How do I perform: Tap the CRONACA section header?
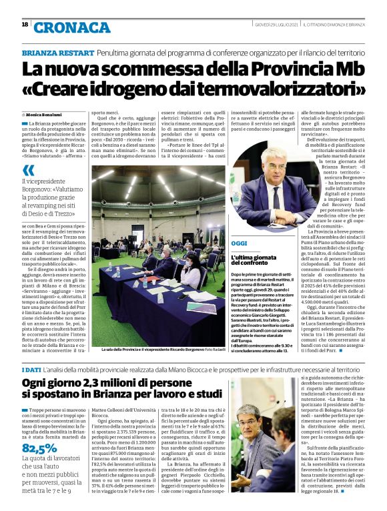71,27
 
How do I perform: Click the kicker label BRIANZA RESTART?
56,52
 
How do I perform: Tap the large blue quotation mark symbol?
28,169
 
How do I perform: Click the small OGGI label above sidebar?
239,243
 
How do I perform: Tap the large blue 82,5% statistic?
39,448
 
